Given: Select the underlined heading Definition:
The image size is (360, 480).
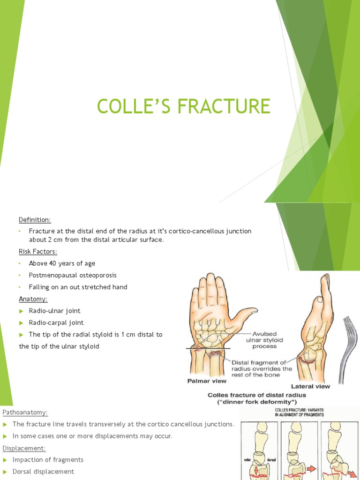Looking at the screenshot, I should (35, 219).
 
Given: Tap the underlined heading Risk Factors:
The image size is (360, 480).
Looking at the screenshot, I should (38, 252).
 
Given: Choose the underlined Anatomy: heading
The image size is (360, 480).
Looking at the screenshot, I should (33, 299).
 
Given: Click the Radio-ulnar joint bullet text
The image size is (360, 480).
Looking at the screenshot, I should (54, 311).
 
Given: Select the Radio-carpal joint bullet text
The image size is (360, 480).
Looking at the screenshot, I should (56, 322).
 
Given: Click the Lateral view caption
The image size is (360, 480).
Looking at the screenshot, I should (310, 386).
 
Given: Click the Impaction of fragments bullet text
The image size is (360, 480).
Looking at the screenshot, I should (48, 460).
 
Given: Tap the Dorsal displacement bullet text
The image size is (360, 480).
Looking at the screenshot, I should (43, 472).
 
